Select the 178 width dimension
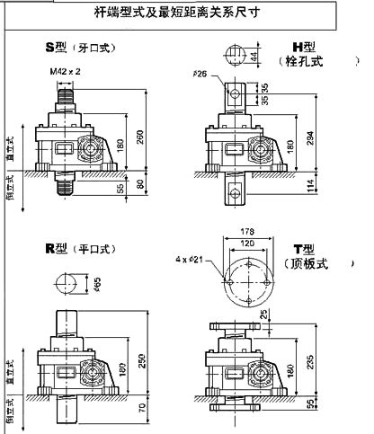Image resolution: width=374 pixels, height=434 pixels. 251,231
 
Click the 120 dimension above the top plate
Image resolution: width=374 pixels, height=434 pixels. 251,243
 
